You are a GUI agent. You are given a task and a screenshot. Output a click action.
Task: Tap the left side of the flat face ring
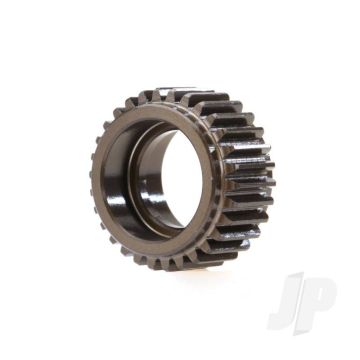(104, 180)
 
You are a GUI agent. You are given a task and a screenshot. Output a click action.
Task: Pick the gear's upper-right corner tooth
(245, 120)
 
